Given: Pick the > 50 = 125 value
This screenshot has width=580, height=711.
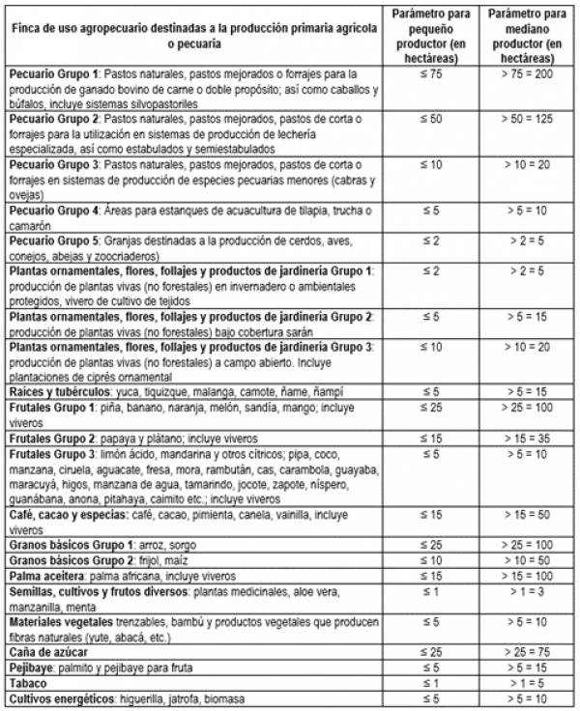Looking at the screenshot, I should pyautogui.click(x=527, y=117).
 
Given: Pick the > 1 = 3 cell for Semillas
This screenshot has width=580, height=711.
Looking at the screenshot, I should pyautogui.click(x=527, y=591).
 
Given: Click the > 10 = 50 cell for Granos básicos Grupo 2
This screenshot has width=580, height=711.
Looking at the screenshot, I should pyautogui.click(x=527, y=561).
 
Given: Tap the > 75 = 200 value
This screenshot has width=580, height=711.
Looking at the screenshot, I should pyautogui.click(x=527, y=73).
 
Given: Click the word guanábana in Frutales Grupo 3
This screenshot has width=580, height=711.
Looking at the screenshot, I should pyautogui.click(x=35, y=500).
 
